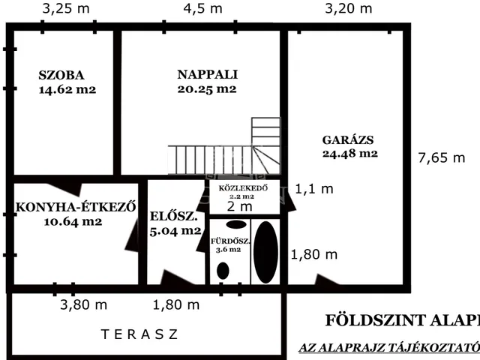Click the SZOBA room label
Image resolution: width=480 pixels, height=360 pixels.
coord(61,75)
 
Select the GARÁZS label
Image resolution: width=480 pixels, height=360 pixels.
coord(348,139)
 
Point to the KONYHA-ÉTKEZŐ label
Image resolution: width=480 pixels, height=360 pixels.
coord(75,208)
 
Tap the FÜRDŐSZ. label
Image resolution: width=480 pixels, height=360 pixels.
coord(228,241)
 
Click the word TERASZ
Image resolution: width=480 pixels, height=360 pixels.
coord(140,334)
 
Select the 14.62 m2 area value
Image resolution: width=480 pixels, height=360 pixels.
coord(67,89)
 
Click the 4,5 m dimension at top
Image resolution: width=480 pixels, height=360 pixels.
coord(203,9)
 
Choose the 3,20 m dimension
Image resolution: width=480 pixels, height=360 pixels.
coord(348,9)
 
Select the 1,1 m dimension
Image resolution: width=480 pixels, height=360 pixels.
coord(314,189)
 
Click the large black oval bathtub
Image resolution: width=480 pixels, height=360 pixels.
coord(266,252)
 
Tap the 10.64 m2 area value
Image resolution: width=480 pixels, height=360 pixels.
coord(73,222)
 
